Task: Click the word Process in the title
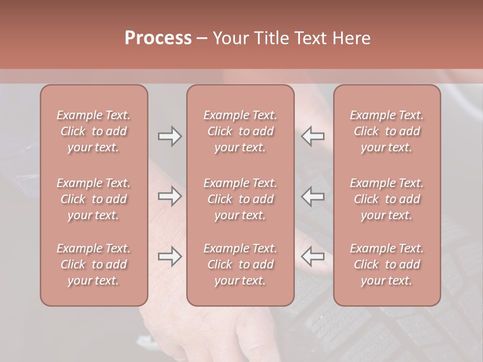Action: tap(158, 38)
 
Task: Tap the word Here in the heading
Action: tap(352, 38)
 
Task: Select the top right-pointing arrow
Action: tap(170, 136)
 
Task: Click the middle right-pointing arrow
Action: tap(170, 196)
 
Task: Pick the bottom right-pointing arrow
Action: tap(170, 256)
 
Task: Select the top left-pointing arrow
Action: tap(313, 136)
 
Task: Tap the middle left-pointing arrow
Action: tap(313, 196)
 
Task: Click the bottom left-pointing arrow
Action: tap(313, 256)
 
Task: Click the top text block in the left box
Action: tap(94, 131)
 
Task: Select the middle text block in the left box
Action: tap(94, 199)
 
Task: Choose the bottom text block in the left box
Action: tap(94, 264)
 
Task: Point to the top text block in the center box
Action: tap(240, 131)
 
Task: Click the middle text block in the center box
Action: tap(240, 199)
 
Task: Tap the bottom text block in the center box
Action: tap(240, 264)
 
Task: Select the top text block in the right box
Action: tap(387, 131)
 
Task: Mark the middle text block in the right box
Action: tap(387, 199)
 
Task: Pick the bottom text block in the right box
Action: tap(387, 264)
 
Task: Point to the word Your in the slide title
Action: tap(230, 38)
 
